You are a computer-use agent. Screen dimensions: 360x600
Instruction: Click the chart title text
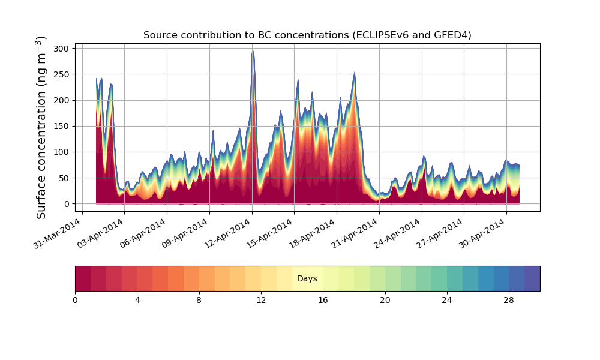(x=307, y=35)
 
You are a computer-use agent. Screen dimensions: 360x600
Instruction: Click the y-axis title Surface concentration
(x=41, y=127)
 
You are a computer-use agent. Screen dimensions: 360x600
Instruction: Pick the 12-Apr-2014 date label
(x=228, y=235)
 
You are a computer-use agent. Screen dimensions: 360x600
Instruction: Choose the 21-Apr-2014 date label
(x=355, y=235)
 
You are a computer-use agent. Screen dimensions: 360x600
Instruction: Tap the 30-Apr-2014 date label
(x=482, y=235)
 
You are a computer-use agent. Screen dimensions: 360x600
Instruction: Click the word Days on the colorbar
(x=307, y=279)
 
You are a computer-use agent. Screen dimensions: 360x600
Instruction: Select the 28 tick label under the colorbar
(x=509, y=300)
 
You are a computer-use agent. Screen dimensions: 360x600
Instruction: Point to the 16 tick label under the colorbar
(x=323, y=300)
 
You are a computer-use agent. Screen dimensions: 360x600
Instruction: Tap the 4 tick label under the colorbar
(x=137, y=300)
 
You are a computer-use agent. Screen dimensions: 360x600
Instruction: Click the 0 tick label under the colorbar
(x=75, y=300)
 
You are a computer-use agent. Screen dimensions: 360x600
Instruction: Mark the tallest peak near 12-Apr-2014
(x=253, y=52)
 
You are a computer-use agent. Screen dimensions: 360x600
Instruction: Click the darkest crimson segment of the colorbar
(x=83, y=278)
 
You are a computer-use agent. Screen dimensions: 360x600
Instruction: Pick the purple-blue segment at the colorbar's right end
(x=532, y=278)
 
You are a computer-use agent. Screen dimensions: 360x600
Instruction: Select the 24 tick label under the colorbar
(x=447, y=300)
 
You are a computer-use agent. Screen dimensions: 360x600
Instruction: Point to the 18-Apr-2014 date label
(x=313, y=235)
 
